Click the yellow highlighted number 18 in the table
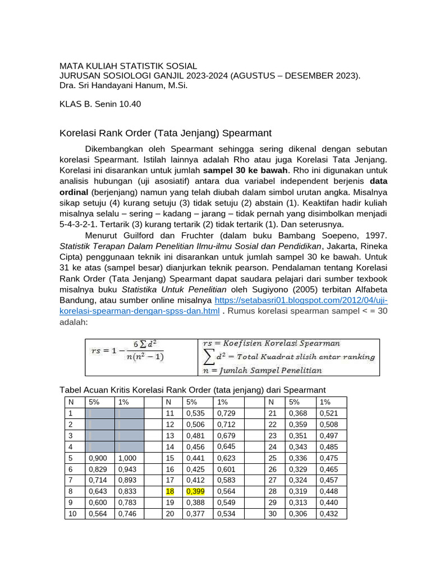click(x=169, y=491)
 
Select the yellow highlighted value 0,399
click(x=195, y=491)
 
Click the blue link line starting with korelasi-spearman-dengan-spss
click(x=139, y=312)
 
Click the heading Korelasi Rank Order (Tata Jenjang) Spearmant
click(x=166, y=133)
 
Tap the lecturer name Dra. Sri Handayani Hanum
click(x=123, y=86)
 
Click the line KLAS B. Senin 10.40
click(x=100, y=104)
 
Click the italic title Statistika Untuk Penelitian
click(x=175, y=290)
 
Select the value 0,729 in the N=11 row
click(x=226, y=413)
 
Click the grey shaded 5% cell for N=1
click(x=99, y=413)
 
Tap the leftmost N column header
click(x=71, y=402)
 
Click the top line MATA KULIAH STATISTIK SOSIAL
click(x=128, y=66)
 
